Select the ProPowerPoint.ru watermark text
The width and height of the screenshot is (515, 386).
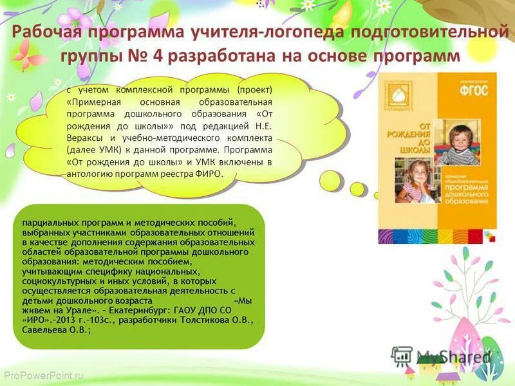[44, 374]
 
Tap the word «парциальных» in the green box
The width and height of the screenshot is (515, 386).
[50, 222]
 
